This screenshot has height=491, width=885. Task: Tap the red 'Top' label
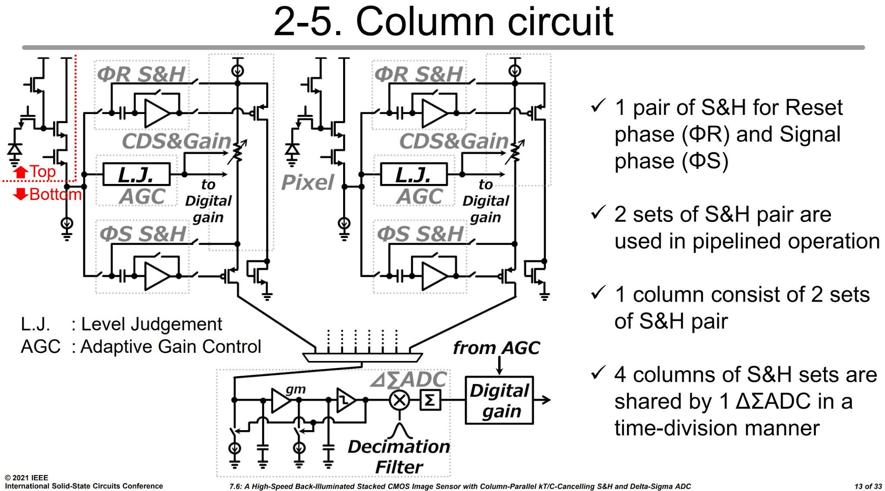(x=42, y=172)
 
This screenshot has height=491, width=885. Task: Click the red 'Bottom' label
(x=55, y=194)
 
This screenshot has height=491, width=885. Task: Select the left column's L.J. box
(x=136, y=174)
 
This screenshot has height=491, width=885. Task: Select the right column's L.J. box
(x=414, y=174)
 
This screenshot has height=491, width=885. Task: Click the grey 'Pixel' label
(x=307, y=182)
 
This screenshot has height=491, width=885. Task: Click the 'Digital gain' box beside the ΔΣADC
(x=499, y=400)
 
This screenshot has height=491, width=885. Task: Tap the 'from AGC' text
(x=496, y=348)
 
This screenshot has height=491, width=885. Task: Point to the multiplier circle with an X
(x=399, y=400)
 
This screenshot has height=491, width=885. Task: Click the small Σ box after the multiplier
(x=430, y=400)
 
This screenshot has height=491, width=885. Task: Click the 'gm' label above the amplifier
(x=296, y=389)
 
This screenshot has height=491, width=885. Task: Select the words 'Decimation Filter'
(x=398, y=456)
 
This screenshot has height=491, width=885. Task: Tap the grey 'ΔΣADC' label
(x=409, y=380)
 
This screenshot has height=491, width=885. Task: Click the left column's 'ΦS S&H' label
(x=143, y=234)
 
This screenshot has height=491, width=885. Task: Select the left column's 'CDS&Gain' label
(x=176, y=141)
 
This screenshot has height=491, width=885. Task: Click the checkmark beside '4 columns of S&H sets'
(x=598, y=373)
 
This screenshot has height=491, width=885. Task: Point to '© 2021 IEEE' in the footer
(x=26, y=478)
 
